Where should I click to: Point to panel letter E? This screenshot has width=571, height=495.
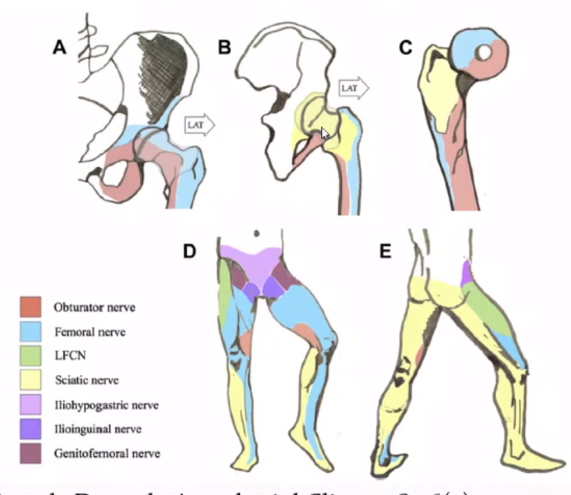(x=386, y=251)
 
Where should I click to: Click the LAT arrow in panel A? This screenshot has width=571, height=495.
(x=200, y=124)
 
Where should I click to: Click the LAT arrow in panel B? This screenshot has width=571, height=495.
(x=353, y=88)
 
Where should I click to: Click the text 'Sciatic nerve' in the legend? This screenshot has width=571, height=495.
(x=86, y=380)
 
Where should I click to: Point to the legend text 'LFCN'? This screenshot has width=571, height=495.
(x=68, y=356)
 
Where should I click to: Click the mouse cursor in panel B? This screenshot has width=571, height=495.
(x=325, y=134)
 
